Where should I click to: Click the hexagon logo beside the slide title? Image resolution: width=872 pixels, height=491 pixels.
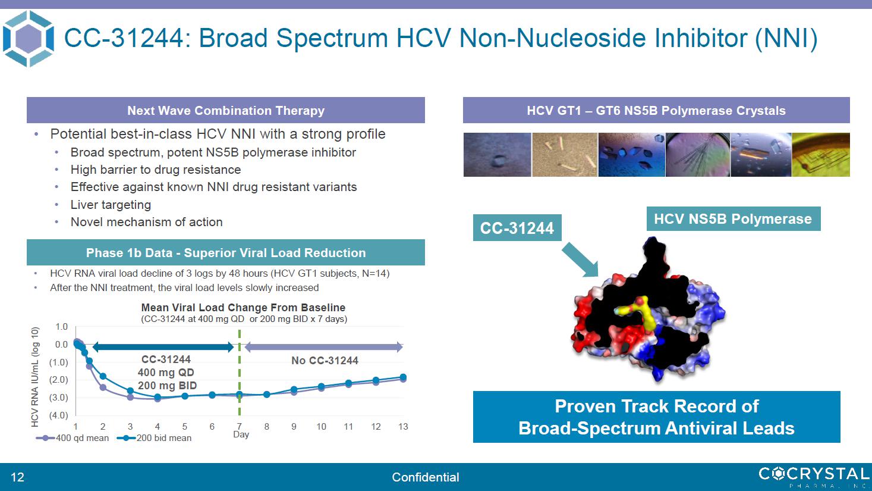click(29, 39)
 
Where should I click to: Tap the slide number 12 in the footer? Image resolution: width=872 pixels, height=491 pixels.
click(17, 477)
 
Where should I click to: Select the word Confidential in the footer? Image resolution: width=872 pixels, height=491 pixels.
click(426, 477)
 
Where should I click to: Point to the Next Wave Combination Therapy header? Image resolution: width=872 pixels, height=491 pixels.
click(226, 110)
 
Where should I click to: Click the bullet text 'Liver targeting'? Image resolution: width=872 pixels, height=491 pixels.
click(111, 205)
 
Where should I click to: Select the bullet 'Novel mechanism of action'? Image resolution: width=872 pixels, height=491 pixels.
click(146, 222)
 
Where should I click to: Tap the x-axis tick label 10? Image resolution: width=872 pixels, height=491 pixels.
click(321, 427)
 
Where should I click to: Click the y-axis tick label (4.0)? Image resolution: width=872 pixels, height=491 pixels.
click(58, 415)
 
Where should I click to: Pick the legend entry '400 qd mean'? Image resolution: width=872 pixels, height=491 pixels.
click(73, 438)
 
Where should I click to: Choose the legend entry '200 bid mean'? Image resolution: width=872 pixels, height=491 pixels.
click(154, 438)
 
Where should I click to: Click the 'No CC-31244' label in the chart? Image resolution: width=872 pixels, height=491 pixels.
click(325, 361)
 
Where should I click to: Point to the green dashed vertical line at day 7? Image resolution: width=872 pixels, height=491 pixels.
click(239, 373)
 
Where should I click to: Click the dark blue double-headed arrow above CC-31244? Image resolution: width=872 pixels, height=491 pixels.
click(163, 347)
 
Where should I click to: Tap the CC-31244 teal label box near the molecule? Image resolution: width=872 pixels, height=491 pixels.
click(517, 227)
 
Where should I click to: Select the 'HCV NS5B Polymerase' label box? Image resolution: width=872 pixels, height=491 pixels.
click(734, 218)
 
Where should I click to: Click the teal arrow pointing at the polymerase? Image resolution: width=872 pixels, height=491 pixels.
click(581, 260)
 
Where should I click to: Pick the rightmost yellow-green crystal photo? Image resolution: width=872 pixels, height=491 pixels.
click(821, 155)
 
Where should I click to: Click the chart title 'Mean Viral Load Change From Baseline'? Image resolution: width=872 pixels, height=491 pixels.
click(243, 308)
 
